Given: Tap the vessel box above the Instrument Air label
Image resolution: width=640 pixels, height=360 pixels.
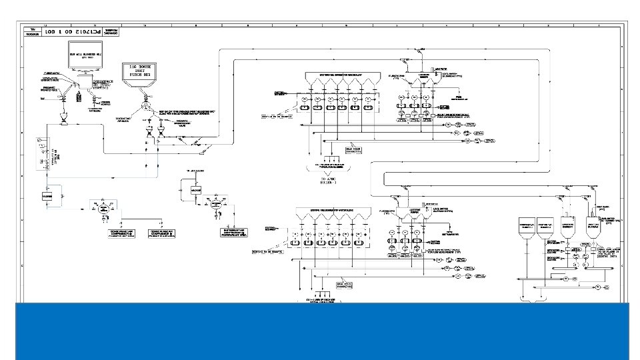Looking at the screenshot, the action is (x=196, y=190).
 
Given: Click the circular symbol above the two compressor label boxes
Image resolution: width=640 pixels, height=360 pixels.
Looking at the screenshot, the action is (x=103, y=209).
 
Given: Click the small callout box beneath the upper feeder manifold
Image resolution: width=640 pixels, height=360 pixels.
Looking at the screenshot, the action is (x=353, y=150).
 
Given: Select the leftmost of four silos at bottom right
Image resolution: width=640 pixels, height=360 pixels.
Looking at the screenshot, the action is (x=526, y=231).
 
